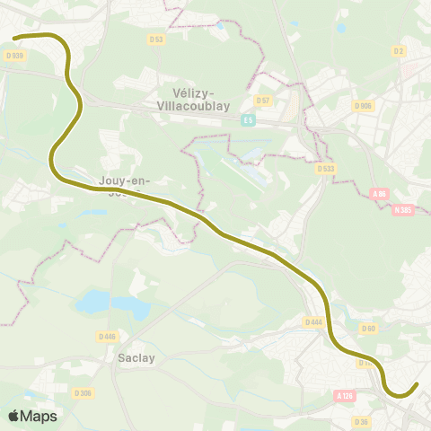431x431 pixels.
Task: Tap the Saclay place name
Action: pyautogui.click(x=136, y=356)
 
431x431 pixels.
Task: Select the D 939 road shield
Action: pyautogui.click(x=13, y=55)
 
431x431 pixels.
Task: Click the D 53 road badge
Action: pyautogui.click(x=157, y=39)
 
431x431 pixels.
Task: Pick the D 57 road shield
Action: pyautogui.click(x=263, y=100)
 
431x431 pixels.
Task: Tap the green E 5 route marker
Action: pyautogui.click(x=247, y=119)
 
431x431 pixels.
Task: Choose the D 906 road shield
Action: pyautogui.click(x=364, y=106)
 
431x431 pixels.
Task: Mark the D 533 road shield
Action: pyautogui.click(x=325, y=168)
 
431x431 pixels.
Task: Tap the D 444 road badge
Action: pyautogui.click(x=313, y=321)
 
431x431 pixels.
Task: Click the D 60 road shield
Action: pyautogui.click(x=368, y=328)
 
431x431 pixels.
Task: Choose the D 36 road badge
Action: pyautogui.click(x=361, y=422)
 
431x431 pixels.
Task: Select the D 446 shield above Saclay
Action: pyautogui.click(x=107, y=337)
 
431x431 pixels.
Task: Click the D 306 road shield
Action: pyautogui.click(x=83, y=393)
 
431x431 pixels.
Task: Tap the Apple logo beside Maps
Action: pyautogui.click(x=13, y=416)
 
